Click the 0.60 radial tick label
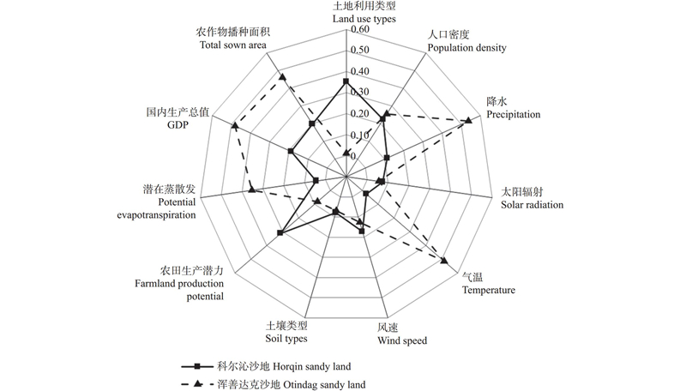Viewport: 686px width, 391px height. [x=358, y=29]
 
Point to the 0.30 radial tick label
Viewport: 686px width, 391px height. [x=358, y=93]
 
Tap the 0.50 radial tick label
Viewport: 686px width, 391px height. [x=358, y=51]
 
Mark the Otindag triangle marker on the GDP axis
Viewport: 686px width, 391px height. [x=235, y=126]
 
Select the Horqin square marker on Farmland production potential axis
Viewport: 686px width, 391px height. [x=280, y=232]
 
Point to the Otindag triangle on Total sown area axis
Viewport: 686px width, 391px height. [x=283, y=77]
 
